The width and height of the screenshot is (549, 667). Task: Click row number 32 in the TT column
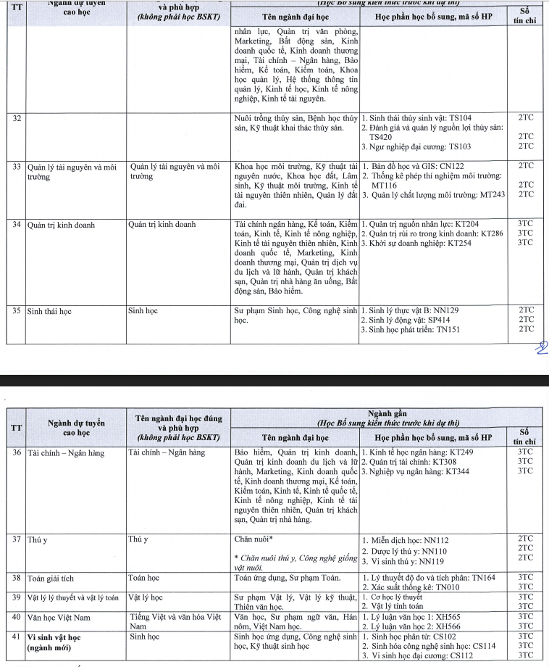coord(17,118)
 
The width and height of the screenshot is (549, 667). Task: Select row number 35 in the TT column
coord(17,310)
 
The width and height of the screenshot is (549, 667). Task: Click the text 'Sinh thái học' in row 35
coord(49,310)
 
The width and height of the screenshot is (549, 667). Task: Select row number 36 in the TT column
coord(17,452)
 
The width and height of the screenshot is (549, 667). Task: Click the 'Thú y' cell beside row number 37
coord(138,539)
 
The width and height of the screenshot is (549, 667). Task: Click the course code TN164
coord(482,577)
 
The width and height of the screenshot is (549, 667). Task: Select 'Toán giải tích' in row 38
coord(51,578)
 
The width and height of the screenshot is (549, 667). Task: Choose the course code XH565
coord(456,616)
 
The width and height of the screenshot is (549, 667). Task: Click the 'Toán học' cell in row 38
coord(145,578)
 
